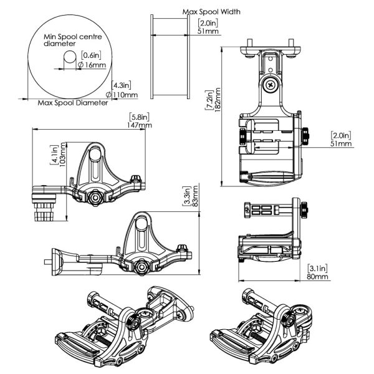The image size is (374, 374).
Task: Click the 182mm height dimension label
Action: coord(218,100)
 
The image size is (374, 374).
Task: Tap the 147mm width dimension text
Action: coord(139,125)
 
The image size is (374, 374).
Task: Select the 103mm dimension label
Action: coord(63,155)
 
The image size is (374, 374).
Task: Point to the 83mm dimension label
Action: coord(196,196)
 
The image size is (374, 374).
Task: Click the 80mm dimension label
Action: coord(317,276)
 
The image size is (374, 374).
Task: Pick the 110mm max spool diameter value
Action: coord(122,95)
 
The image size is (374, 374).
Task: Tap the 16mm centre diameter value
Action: coord(92,65)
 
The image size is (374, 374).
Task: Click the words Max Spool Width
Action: coord(211,12)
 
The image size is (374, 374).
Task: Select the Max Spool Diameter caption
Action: coord(73,103)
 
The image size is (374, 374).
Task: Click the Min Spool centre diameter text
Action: coord(73,40)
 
